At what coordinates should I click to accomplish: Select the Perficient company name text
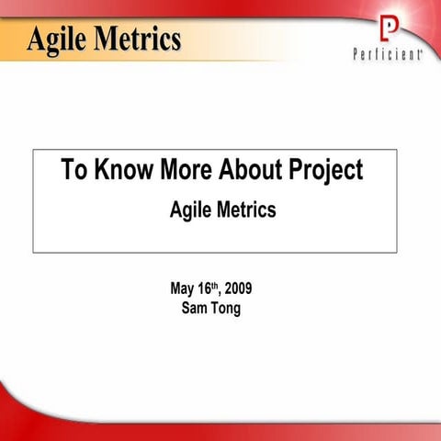tap(387, 54)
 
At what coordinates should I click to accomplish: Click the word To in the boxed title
tap(74, 170)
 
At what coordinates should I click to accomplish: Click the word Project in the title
tap(326, 172)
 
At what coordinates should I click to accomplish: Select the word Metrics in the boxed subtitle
tap(246, 210)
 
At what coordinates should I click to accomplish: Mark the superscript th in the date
tap(217, 285)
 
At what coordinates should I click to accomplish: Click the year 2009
tap(238, 289)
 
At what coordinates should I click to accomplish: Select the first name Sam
tap(198, 308)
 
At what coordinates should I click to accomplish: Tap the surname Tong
tap(228, 309)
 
